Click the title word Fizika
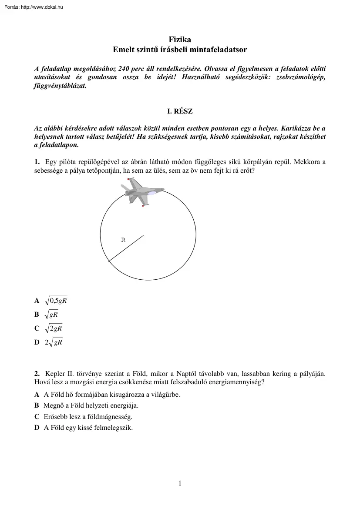tap(180, 39)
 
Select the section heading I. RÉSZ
tap(180, 111)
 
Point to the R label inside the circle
tap(123, 240)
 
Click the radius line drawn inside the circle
tap(126, 248)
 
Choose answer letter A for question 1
tap(37, 301)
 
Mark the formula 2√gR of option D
tap(54, 342)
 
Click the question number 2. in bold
tap(37, 374)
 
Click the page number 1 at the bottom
tap(180, 483)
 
